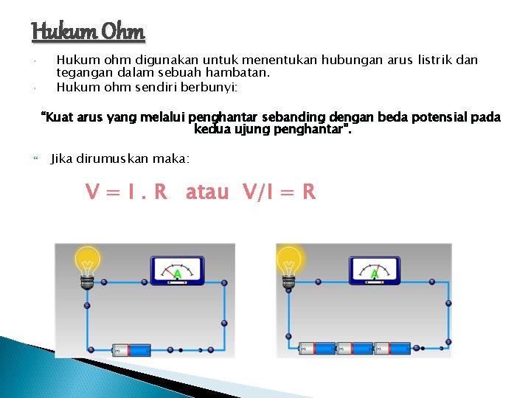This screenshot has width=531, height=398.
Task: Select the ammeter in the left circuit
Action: (177, 269)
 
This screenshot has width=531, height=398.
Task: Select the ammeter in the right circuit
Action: (375, 269)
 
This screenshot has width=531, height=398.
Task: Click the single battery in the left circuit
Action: (131, 350)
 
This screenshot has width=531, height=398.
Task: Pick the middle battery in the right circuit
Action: (355, 348)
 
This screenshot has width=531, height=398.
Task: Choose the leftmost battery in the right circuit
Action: (317, 348)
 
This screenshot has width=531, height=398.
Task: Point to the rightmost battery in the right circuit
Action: (392, 348)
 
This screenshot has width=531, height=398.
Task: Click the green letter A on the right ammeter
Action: (375, 275)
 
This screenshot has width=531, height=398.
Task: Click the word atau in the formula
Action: (207, 192)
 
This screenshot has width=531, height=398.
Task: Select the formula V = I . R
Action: (126, 192)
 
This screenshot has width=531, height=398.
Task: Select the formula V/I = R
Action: (279, 192)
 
